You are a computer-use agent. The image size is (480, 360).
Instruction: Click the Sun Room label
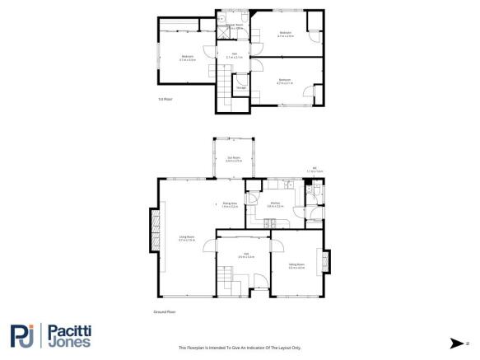tap(234, 159)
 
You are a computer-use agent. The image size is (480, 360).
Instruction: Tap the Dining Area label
tap(230, 203)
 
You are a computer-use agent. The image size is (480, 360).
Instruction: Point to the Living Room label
tap(187, 238)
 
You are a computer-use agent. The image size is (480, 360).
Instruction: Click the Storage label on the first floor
tap(241, 86)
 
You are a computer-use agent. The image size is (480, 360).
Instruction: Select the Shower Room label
tap(235, 26)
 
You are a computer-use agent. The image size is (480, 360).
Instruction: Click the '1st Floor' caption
tap(165, 100)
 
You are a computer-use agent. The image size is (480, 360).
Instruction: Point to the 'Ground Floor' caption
tap(165, 312)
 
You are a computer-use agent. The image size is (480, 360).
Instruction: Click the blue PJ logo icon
tap(22, 335)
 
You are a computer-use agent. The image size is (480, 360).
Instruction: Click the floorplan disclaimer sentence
tap(239, 348)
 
